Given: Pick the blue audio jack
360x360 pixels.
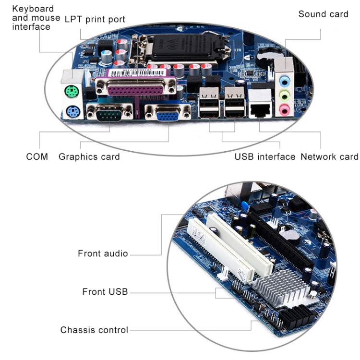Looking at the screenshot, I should click(285, 79).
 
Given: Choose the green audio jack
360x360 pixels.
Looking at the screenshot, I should click(285, 95).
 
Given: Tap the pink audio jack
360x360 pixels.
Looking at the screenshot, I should click(285, 110).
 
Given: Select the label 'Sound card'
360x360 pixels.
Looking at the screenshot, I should click(323, 14).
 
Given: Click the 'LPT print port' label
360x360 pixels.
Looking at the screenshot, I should click(95, 19).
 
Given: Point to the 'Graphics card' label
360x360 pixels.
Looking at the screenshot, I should click(89, 156).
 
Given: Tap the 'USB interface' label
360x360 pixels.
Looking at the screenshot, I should click(264, 156).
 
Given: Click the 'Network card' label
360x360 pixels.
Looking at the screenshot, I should click(329, 156).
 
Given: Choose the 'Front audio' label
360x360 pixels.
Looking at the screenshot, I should click(103, 253).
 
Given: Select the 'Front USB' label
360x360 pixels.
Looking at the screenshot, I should click(105, 291).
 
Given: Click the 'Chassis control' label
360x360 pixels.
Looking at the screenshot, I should click(94, 330).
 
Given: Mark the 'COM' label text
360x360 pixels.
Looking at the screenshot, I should click(37, 156).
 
